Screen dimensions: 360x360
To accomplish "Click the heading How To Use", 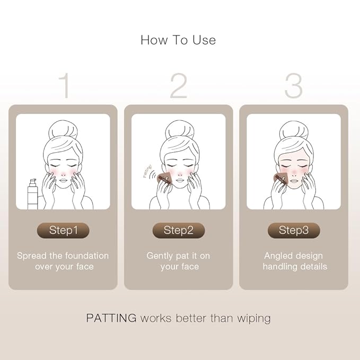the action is pos(178,40).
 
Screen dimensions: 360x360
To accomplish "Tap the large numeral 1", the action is pos(65,85).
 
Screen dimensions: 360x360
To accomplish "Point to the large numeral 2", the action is pos(179,85).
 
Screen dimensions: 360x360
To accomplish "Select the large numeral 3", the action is pos(293,85).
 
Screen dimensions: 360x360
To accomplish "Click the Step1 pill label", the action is pos(63,230).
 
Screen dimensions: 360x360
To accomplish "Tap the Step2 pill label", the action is pos(179,230).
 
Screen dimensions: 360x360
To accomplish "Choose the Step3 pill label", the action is pos(294,230).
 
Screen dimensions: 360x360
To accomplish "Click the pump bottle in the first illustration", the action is pos(32,194).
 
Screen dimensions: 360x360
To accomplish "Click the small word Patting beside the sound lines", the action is pos(147,171).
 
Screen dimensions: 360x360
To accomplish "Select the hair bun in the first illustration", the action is pos(63,130).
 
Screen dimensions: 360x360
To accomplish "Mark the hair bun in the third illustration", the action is pos(294,130).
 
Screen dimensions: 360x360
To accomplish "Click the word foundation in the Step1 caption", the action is pos(87,256).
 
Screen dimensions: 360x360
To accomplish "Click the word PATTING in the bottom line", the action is pos(111,318).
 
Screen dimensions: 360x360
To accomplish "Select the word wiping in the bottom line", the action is pos(254,319).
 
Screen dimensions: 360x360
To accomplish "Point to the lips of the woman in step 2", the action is pos(180,180).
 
